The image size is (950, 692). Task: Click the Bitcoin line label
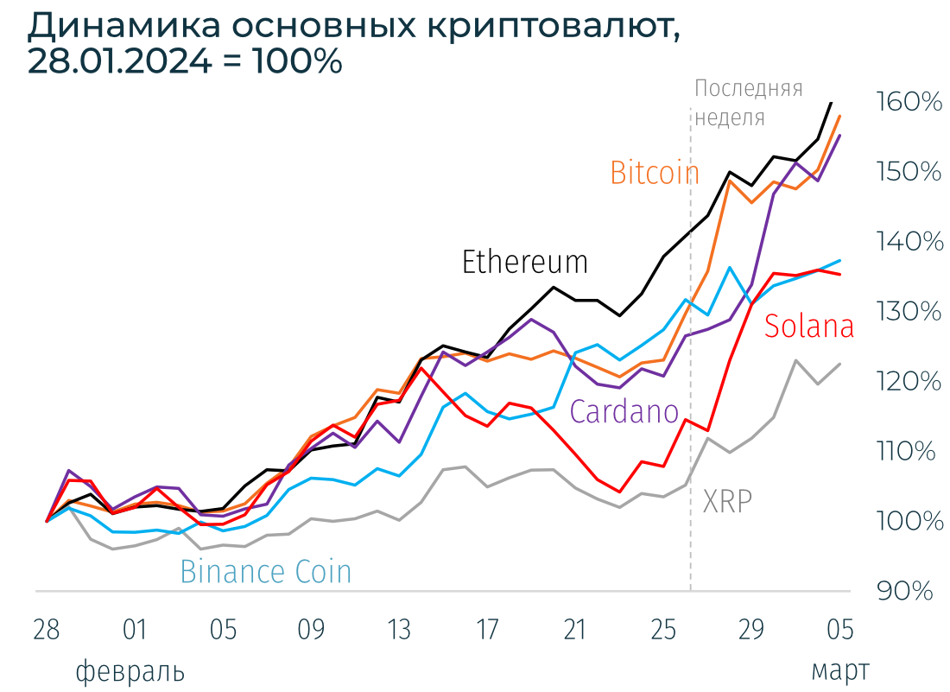tap(654, 173)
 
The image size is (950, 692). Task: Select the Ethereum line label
tap(524, 262)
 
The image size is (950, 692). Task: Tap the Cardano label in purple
tap(624, 412)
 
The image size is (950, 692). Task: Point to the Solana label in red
tap(808, 327)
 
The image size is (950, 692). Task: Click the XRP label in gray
tap(726, 502)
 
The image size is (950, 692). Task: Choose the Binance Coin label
tap(265, 572)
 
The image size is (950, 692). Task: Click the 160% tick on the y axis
tap(909, 102)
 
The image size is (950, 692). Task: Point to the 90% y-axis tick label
tap(905, 591)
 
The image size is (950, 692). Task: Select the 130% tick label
tap(909, 311)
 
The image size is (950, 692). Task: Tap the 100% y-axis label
tap(909, 521)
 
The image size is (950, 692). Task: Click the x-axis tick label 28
tap(47, 630)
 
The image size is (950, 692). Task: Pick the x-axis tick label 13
tap(399, 630)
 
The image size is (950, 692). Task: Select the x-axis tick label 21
tap(575, 630)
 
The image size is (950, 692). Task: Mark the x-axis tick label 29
tap(751, 630)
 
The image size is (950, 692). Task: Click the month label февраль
tap(130, 671)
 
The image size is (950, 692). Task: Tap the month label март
tap(839, 671)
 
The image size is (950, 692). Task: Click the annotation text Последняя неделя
tap(748, 102)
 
